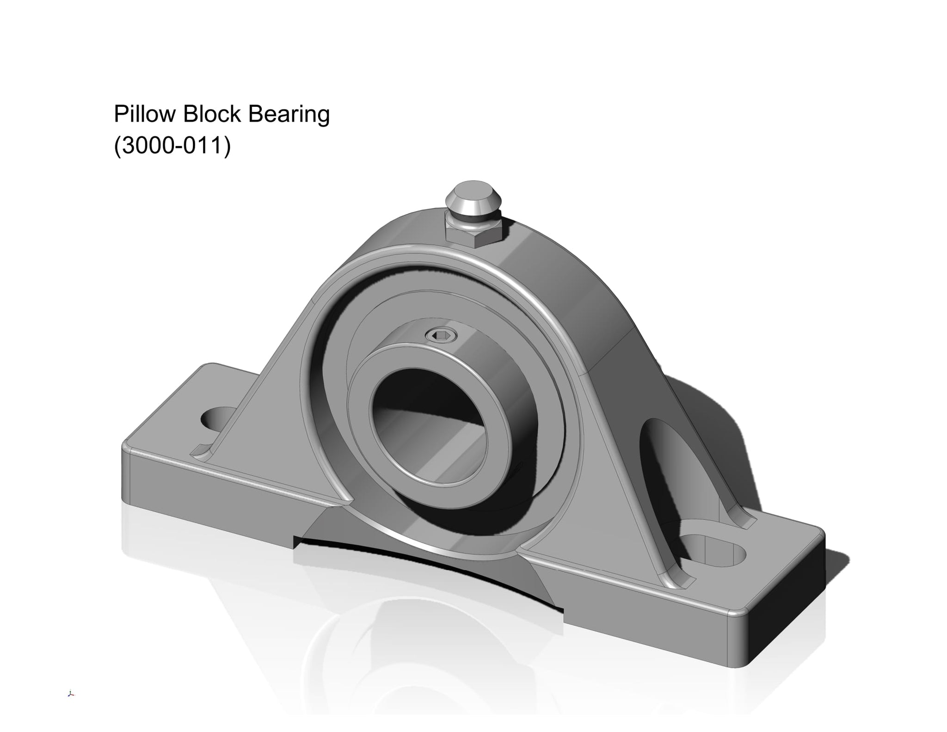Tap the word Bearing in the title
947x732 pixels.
point(289,114)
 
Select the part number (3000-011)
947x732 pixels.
point(172,147)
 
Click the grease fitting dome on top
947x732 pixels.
point(473,197)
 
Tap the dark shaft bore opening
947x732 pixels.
point(428,425)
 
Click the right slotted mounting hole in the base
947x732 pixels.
point(714,549)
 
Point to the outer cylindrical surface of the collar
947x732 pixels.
point(499,370)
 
